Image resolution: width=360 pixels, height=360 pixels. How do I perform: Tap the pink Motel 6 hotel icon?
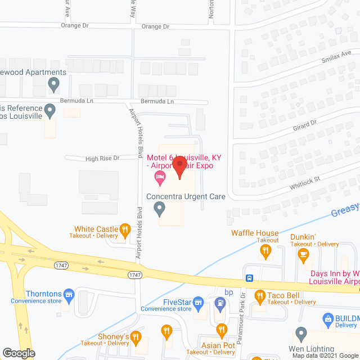[160, 179]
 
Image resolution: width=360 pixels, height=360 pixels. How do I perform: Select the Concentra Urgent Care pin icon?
[160, 209]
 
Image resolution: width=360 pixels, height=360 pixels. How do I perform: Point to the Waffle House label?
[255, 233]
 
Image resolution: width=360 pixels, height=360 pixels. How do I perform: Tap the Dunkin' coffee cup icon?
[304, 256]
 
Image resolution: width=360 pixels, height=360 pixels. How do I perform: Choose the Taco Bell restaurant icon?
[260, 295]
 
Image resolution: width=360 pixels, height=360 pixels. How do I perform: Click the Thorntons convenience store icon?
[69, 294]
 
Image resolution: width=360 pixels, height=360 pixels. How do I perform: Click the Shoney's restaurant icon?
[166, 330]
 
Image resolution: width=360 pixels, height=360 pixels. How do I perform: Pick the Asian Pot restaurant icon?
[221, 329]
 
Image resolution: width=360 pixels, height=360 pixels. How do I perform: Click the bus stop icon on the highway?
[249, 278]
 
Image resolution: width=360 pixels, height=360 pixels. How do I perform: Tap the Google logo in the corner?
[19, 353]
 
